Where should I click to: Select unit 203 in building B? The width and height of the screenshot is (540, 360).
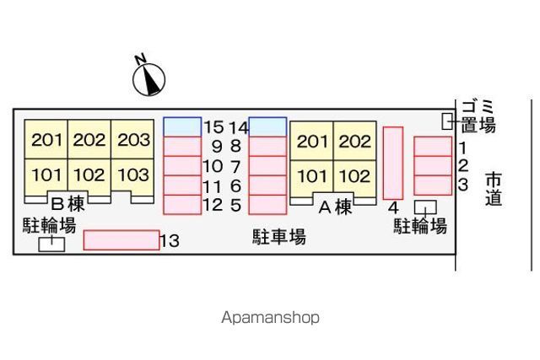pyautogui.click(x=133, y=140)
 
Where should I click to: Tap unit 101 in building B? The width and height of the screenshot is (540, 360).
pyautogui.click(x=46, y=175)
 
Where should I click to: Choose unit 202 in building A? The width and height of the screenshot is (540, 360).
pyautogui.click(x=354, y=142)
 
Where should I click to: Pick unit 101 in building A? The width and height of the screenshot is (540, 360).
pyautogui.click(x=312, y=176)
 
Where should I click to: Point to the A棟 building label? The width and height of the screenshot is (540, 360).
pyautogui.click(x=335, y=207)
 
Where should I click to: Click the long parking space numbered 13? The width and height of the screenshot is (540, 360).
pyautogui.click(x=121, y=240)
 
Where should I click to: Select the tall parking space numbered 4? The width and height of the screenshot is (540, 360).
pyautogui.click(x=392, y=161)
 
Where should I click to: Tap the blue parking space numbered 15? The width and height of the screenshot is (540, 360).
pyautogui.click(x=182, y=126)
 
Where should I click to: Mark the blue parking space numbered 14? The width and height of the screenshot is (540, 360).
pyautogui.click(x=267, y=126)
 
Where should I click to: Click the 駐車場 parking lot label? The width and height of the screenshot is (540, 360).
pyautogui.click(x=279, y=236)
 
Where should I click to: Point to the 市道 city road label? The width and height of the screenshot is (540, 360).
pyautogui.click(x=494, y=189)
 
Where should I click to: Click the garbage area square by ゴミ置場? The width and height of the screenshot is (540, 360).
pyautogui.click(x=448, y=121)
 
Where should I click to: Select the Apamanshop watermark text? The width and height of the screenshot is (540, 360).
pyautogui.click(x=270, y=318)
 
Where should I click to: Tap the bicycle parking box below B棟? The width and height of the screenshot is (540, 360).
pyautogui.click(x=51, y=243)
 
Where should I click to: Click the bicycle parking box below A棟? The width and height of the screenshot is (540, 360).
pyautogui.click(x=425, y=207)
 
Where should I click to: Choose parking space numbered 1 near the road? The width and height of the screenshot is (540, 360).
pyautogui.click(x=433, y=147)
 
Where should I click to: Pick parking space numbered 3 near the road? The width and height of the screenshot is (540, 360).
pyautogui.click(x=433, y=185)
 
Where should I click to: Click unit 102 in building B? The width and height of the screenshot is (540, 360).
pyautogui.click(x=89, y=175)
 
